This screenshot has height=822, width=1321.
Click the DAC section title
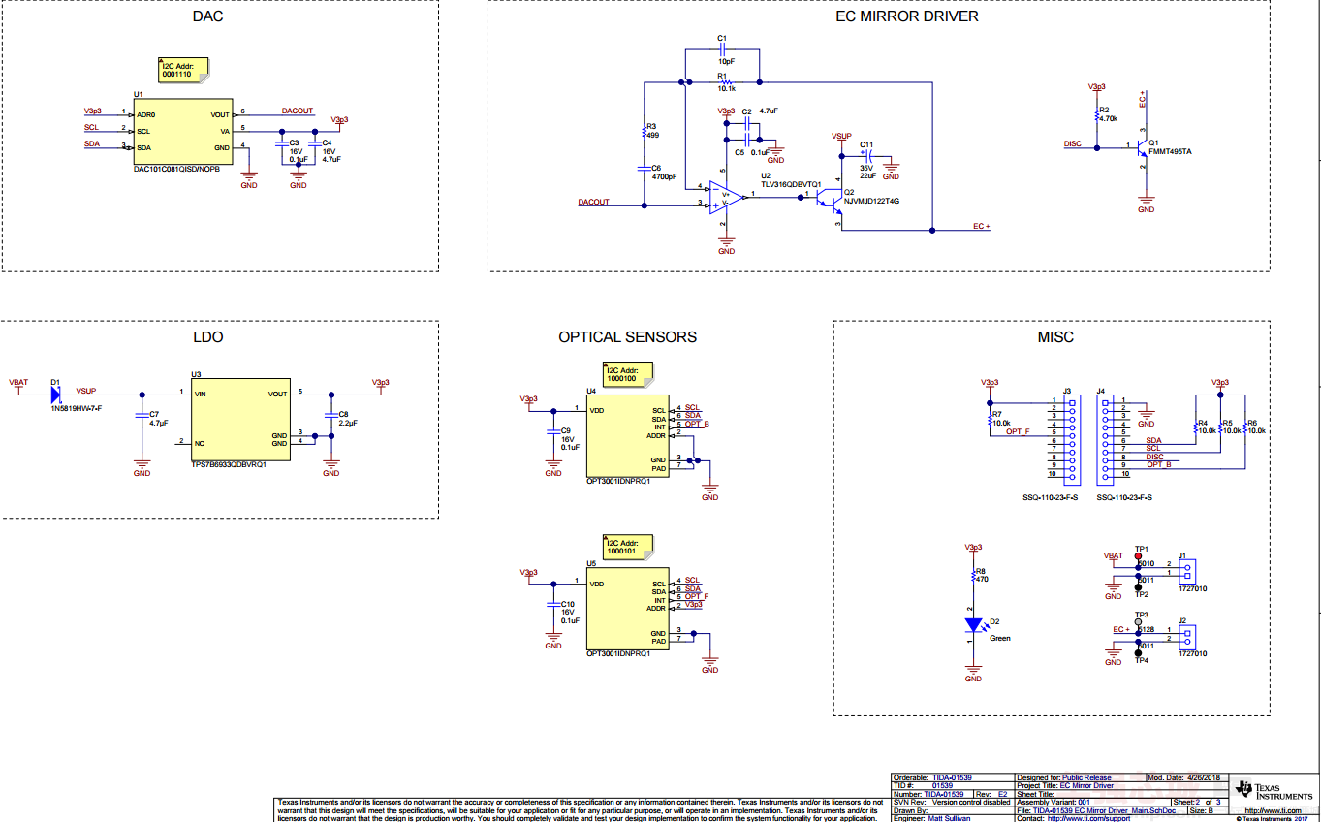[208, 16]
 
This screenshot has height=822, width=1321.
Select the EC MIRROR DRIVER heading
[906, 16]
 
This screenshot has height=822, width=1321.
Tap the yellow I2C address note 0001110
[182, 69]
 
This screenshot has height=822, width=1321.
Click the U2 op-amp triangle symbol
[727, 198]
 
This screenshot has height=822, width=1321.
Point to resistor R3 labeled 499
[652, 135]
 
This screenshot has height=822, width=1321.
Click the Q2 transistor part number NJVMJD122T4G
[871, 201]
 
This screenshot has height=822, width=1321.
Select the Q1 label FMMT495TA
[1170, 151]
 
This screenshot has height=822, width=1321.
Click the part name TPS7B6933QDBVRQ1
[229, 463]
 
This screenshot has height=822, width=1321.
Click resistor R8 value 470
[982, 579]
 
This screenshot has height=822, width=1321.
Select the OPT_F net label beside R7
[1018, 430]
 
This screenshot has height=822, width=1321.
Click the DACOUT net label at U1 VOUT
[298, 111]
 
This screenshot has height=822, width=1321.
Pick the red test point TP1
[1138, 556]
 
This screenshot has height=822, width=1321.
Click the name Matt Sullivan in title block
[947, 818]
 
